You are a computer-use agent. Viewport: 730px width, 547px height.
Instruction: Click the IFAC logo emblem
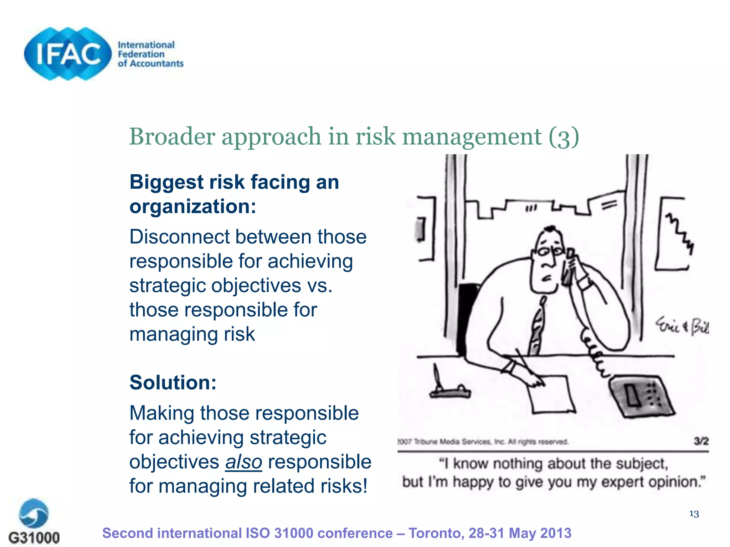68,54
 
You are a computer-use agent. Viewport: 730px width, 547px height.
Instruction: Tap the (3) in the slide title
564,137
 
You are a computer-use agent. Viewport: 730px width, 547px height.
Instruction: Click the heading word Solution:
173,383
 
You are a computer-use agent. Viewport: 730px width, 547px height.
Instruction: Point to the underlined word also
243,462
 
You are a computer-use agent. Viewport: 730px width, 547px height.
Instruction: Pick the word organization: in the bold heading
193,207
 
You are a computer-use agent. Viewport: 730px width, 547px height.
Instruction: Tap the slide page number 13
694,514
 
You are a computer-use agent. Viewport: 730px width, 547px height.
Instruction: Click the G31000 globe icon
34,513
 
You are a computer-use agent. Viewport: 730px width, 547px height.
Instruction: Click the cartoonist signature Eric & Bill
682,326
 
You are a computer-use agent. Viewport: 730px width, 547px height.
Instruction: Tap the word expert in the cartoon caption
622,482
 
